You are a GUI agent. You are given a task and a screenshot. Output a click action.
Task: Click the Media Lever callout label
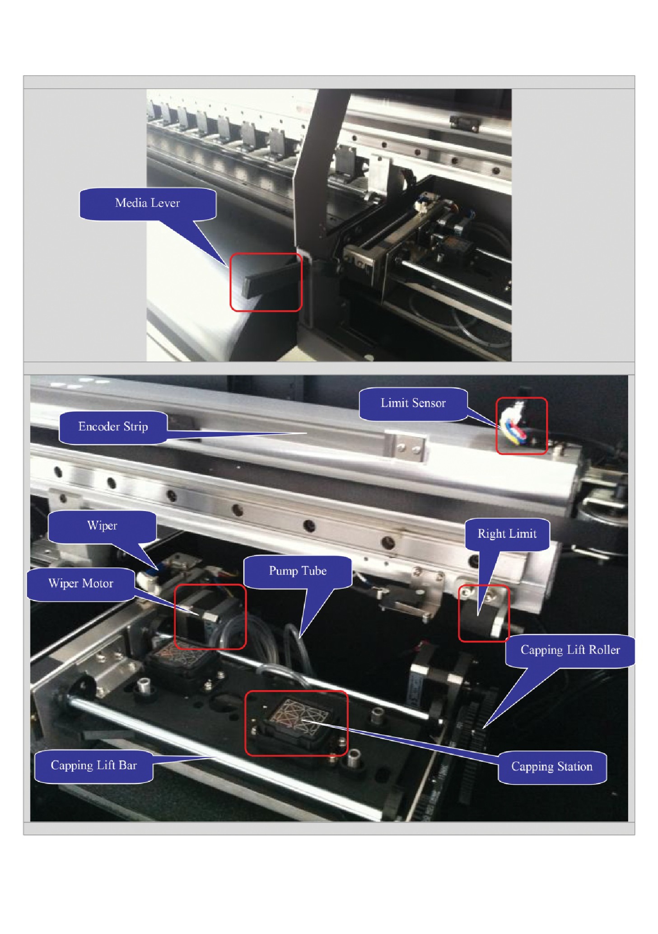point(147,203)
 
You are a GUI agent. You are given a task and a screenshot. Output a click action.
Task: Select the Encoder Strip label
point(113,427)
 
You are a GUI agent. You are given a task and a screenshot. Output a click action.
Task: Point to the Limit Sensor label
point(413,404)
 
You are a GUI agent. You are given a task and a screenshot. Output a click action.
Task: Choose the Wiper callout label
point(102,526)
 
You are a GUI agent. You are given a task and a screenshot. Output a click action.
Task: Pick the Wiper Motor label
point(81,584)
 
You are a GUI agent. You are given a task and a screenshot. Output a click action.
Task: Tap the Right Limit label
point(507,534)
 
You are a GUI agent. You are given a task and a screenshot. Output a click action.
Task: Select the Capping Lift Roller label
point(570,650)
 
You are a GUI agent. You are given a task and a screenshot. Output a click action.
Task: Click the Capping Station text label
point(552,767)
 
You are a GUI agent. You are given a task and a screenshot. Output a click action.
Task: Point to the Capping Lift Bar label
point(93,765)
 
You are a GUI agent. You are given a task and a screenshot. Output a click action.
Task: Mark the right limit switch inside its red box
point(482,613)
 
